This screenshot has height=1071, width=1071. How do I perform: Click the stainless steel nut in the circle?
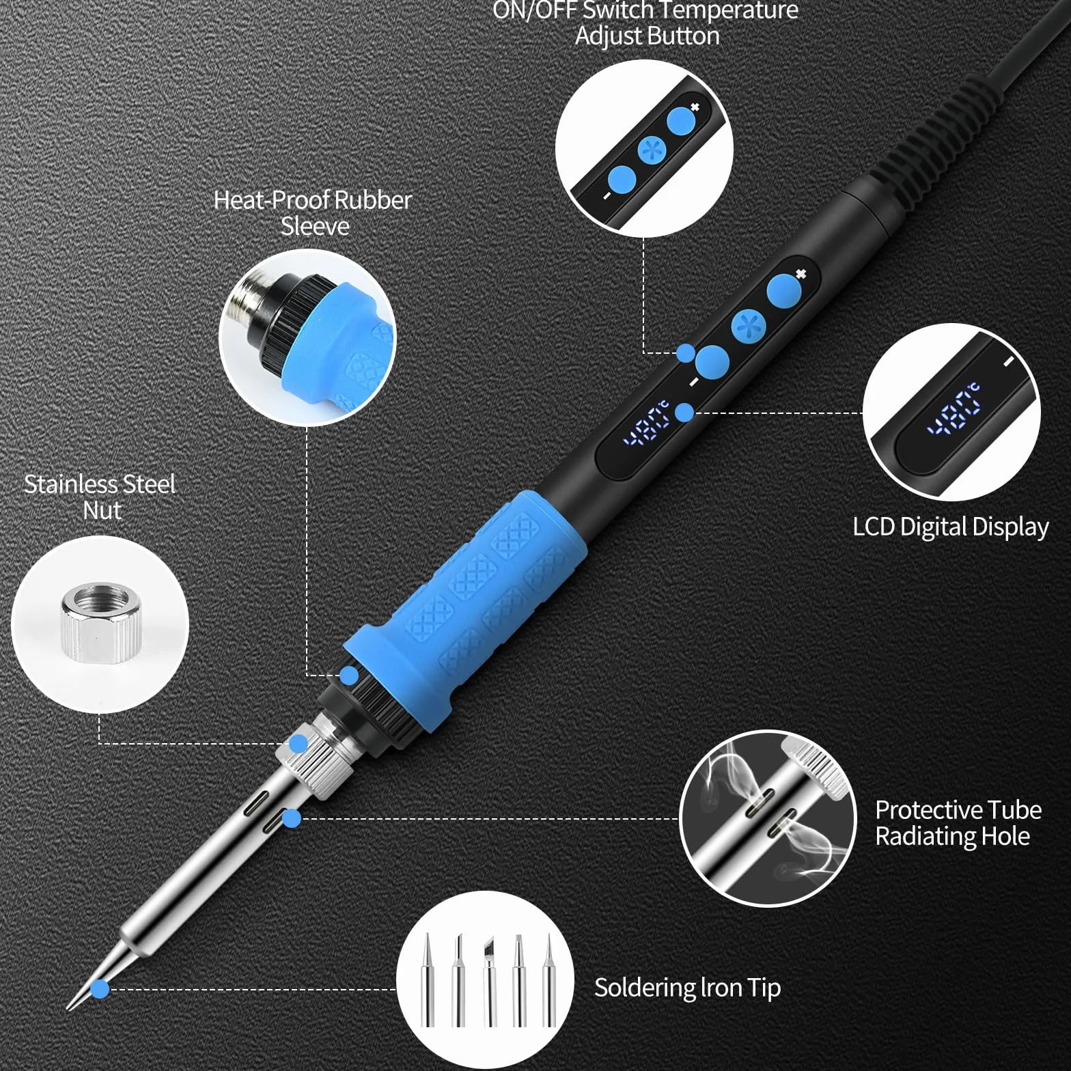tap(100, 622)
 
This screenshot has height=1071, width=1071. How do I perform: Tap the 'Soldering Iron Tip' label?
tap(687, 988)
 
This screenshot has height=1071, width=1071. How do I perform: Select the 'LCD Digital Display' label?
tap(951, 527)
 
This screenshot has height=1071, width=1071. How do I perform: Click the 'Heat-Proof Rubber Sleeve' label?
tap(313, 212)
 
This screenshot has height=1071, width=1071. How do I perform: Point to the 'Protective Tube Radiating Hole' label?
tap(958, 823)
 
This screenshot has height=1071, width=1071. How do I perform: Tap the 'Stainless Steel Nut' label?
tap(100, 497)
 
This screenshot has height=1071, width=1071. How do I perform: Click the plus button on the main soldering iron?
tap(783, 291)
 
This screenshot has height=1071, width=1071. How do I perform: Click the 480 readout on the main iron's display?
tap(645, 423)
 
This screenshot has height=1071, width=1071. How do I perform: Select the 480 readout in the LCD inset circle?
tap(954, 410)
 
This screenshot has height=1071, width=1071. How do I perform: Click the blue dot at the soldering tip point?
tap(100, 988)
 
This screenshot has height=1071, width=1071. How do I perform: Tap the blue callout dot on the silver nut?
tap(298, 744)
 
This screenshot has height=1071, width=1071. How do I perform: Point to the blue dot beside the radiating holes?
tap(292, 818)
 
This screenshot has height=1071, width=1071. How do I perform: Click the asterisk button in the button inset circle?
tap(652, 150)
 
